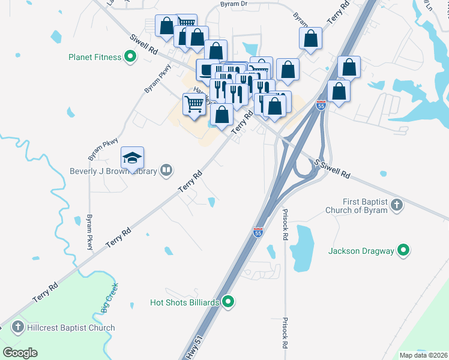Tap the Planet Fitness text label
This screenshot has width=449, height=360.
95,58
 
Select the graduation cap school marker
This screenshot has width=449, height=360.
132,158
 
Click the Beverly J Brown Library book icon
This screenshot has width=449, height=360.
166,171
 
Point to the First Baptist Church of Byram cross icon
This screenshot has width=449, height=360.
396,206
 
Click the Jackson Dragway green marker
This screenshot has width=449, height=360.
404,251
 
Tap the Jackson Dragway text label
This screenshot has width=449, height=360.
361,251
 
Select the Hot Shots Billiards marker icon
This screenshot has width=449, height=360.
228,302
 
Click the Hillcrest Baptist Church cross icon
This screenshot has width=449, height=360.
18,328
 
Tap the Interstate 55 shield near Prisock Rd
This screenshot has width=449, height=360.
258,232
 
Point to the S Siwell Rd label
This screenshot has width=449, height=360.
332,168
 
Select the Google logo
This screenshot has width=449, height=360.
20,353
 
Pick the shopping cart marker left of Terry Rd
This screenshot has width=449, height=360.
194,104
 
